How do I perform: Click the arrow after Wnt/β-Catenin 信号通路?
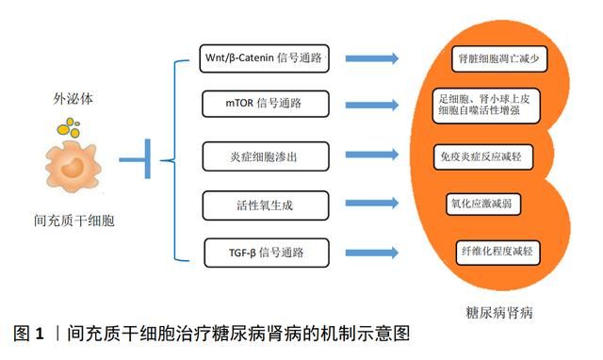coord(371,59)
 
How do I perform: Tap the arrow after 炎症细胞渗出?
coord(371,153)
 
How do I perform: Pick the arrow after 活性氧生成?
coord(371,204)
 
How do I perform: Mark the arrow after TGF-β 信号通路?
coord(371,253)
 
